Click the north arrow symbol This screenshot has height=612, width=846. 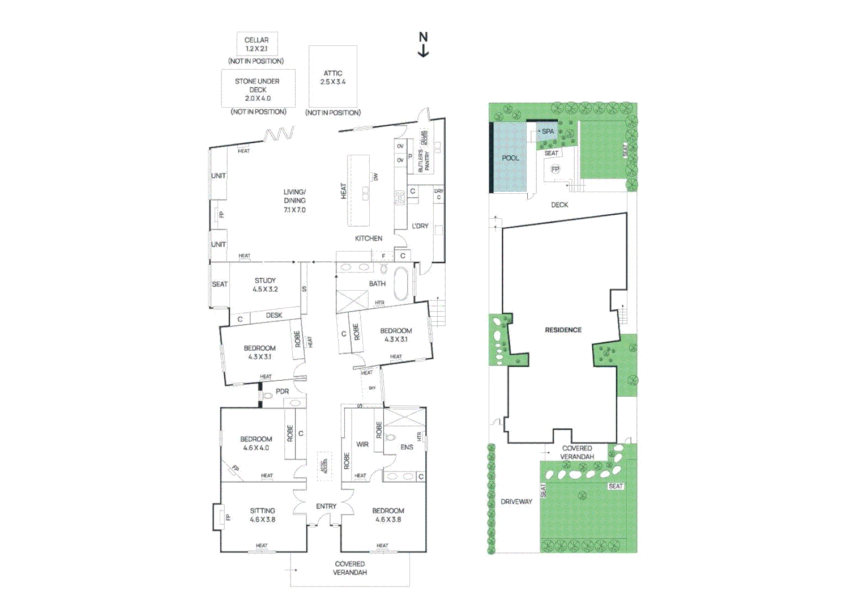click(423, 45)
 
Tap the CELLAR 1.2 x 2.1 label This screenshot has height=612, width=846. click(257, 44)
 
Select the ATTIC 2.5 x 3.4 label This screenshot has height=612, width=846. click(333, 78)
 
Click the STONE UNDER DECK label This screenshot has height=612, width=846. click(258, 90)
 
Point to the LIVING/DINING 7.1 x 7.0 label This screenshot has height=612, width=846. click(294, 201)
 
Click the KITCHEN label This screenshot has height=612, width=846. click(368, 239)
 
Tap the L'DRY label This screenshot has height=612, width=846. click(420, 226)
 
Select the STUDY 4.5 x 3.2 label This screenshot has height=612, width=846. click(265, 284)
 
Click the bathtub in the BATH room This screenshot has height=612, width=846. click(400, 283)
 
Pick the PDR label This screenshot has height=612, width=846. click(282, 392)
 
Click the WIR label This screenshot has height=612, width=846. click(362, 444)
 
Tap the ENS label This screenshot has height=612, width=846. click(407, 447)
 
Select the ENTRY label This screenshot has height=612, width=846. click(326, 506)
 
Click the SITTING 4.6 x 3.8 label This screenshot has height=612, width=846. click(262, 515)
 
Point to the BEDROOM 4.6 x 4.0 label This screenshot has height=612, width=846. click(256, 443)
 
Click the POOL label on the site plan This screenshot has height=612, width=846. click(510, 158)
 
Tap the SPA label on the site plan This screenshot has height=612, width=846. click(548, 131)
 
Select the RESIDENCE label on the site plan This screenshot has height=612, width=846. click(563, 330)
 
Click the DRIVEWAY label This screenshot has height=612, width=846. click(516, 501)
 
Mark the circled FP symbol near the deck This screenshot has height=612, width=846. click(555, 169)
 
